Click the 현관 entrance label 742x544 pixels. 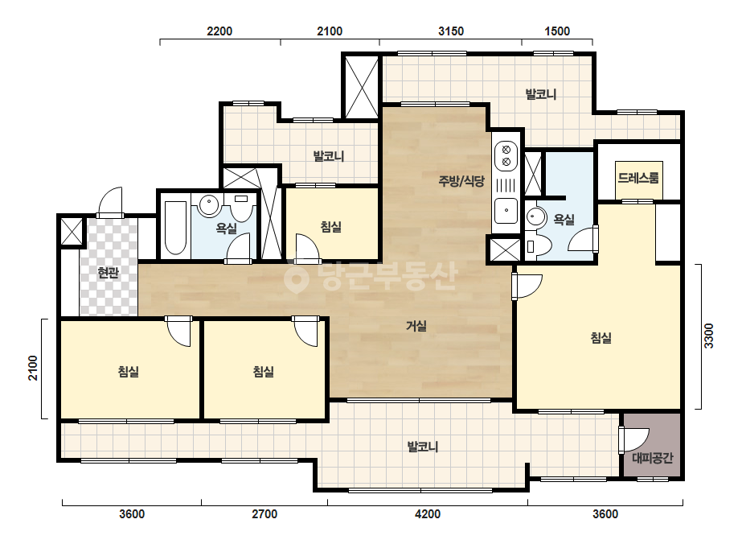pyautogui.click(x=108, y=273)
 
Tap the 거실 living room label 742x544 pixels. pyautogui.click(x=416, y=326)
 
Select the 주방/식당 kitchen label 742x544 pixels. pyautogui.click(x=461, y=181)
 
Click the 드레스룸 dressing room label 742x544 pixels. pyautogui.click(x=638, y=178)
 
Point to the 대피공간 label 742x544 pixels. pyautogui.click(x=653, y=458)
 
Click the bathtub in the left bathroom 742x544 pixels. pyautogui.click(x=174, y=229)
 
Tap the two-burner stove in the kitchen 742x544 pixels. pyautogui.click(x=506, y=156)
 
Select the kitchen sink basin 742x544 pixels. pyautogui.click(x=506, y=211)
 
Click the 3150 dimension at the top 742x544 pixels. pyautogui.click(x=451, y=31)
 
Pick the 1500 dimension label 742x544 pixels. pyautogui.click(x=557, y=31)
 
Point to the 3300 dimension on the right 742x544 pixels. pyautogui.click(x=708, y=336)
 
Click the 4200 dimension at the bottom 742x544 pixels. pyautogui.click(x=428, y=514)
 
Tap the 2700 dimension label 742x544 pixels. pyautogui.click(x=264, y=514)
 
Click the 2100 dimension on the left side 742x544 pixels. pyautogui.click(x=33, y=369)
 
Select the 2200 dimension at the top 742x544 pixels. pyautogui.click(x=219, y=31)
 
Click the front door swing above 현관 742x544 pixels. pyautogui.click(x=111, y=203)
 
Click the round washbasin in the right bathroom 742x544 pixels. pyautogui.click(x=535, y=217)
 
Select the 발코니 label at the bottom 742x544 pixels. pyautogui.click(x=423, y=447)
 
